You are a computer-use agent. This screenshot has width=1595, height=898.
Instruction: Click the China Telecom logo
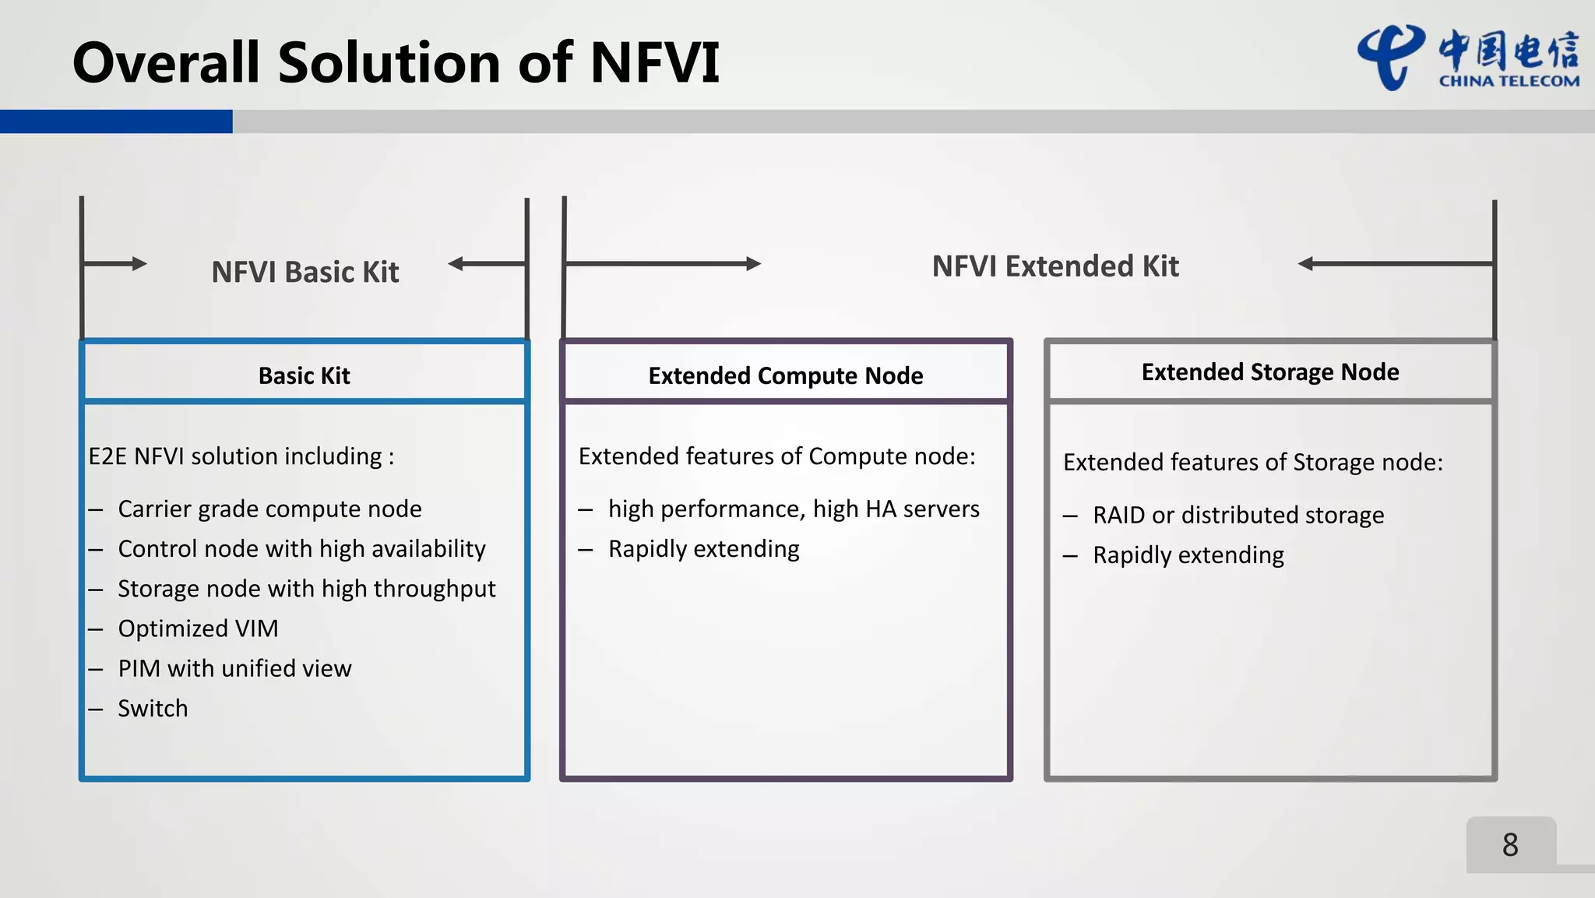(x=1467, y=58)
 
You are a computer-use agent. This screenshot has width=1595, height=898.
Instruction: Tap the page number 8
(x=1510, y=845)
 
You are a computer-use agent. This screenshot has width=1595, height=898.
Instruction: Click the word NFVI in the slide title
(x=654, y=62)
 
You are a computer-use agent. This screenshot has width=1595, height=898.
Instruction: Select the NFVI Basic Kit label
(x=305, y=272)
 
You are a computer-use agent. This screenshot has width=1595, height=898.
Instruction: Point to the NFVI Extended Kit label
(x=1055, y=266)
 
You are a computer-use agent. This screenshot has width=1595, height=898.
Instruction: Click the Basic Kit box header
(x=305, y=375)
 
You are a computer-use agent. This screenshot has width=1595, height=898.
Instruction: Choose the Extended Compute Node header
(x=785, y=375)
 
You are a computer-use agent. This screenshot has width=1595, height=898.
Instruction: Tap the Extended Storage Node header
(x=1269, y=372)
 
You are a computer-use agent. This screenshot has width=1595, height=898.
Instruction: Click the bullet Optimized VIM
(x=198, y=629)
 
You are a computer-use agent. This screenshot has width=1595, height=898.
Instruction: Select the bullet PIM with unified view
(x=234, y=668)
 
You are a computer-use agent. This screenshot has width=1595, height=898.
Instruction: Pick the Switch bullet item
(x=153, y=708)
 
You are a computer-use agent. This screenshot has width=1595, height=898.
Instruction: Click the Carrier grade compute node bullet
(x=269, y=509)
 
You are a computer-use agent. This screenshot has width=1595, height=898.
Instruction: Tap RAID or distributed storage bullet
(x=1238, y=515)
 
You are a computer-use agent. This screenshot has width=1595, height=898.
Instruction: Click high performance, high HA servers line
(x=794, y=509)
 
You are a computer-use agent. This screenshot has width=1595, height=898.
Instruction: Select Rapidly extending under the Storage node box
(x=1188, y=555)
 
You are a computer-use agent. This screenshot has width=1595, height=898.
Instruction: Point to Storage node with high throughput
(x=306, y=589)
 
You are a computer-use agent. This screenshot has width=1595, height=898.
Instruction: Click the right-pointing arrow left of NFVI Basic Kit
(x=115, y=263)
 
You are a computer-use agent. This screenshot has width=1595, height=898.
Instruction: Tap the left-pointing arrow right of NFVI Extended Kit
(x=1394, y=264)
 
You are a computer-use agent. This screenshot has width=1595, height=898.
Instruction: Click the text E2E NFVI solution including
(x=241, y=456)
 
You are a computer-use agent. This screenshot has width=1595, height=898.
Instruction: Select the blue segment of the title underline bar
(x=116, y=121)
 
